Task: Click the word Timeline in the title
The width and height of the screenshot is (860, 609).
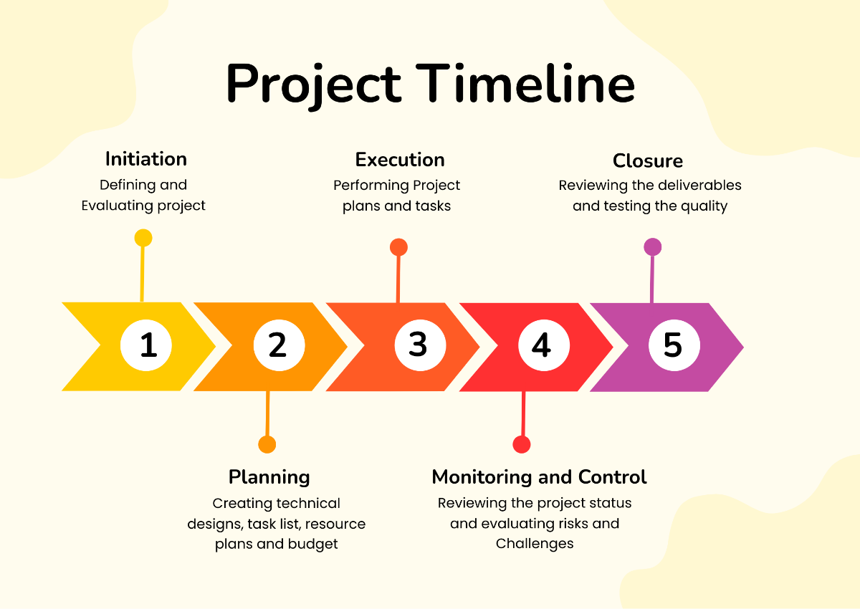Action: pos(527,83)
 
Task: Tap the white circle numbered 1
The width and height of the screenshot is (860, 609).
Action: pos(146,346)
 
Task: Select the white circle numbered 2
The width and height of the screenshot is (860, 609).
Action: pos(279,346)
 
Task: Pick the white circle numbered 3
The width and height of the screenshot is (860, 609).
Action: pos(418,345)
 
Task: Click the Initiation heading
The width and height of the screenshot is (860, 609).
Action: pos(146,159)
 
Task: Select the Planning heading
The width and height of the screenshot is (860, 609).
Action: pos(269,477)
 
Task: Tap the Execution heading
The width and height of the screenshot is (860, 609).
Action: pos(400,160)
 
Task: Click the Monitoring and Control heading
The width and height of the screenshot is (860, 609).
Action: pos(539,477)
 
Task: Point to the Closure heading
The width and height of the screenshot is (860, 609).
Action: pos(648,160)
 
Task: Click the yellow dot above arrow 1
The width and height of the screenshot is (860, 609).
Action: pos(143,238)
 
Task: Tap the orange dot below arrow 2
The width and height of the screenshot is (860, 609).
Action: pos(267,444)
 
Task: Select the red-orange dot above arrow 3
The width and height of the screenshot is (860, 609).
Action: pos(398,248)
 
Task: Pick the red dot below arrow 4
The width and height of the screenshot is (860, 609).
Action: pos(522,444)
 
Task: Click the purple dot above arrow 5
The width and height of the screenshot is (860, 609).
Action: pos(652,247)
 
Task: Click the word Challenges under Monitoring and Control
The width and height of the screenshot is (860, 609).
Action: pos(535,544)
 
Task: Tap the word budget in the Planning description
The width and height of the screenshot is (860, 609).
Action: pos(312,544)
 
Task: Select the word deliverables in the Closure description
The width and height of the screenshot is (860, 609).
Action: pos(694,186)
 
